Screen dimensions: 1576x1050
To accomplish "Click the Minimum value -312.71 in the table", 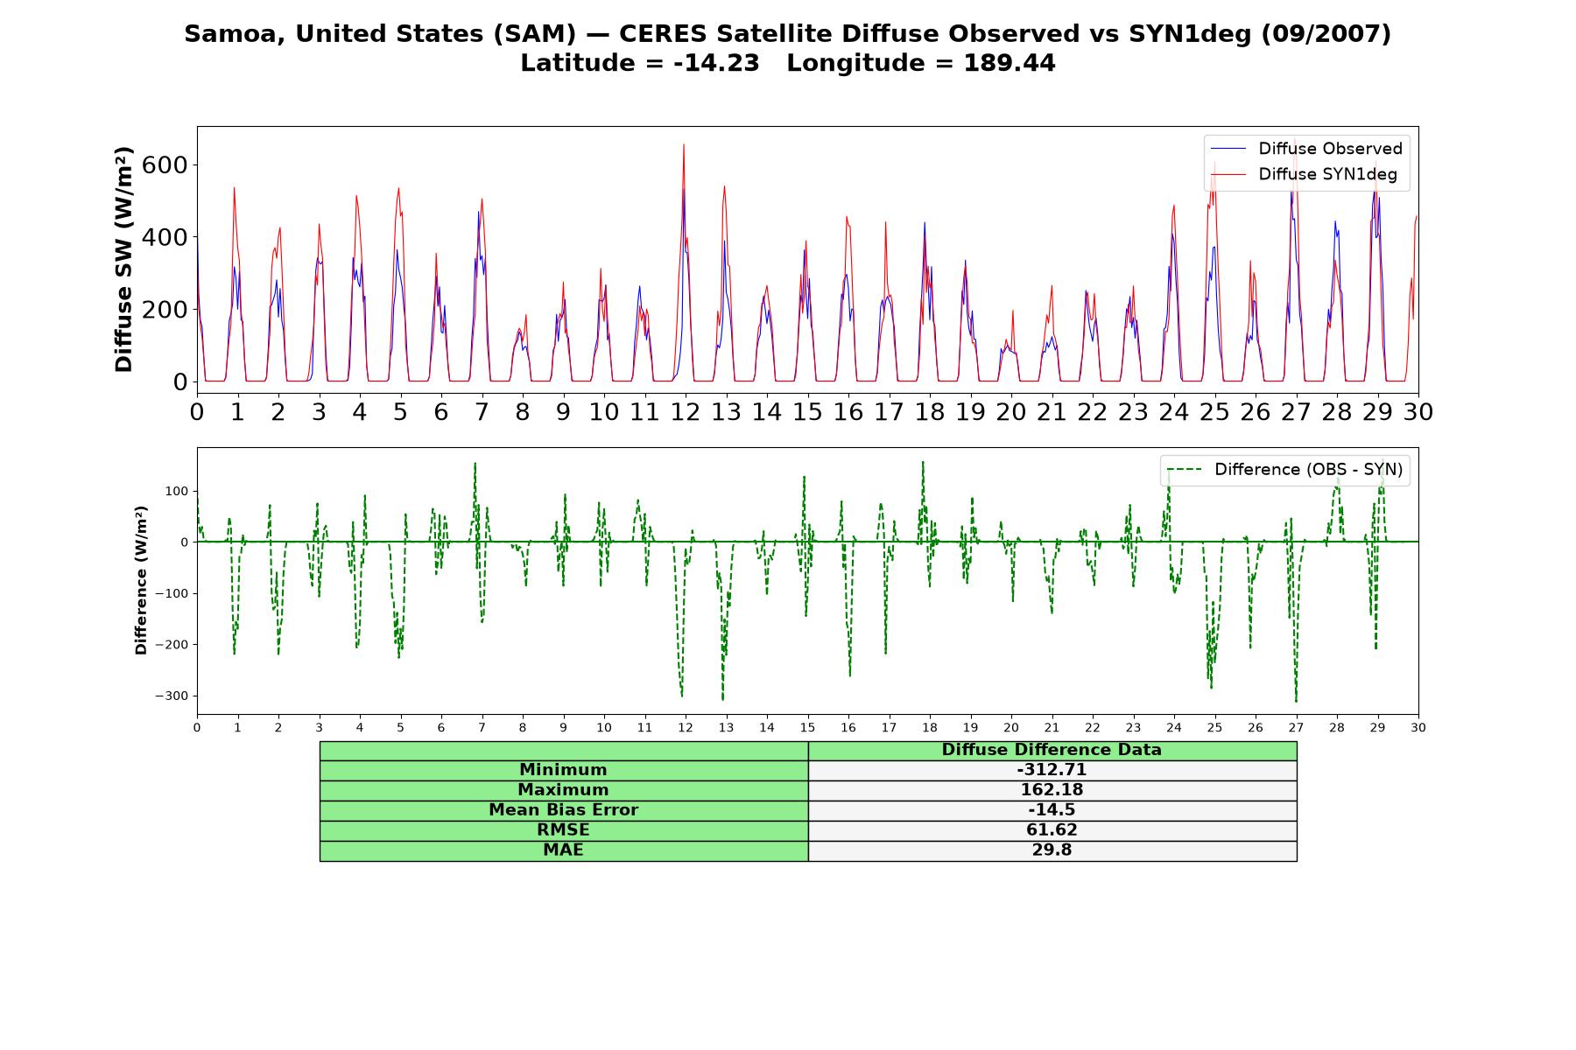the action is pos(1052,770).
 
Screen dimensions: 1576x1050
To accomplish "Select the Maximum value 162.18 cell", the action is pos(1052,790).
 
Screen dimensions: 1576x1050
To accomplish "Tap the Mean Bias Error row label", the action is pos(563,810).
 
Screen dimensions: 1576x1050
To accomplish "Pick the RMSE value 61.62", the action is pos(1052,830).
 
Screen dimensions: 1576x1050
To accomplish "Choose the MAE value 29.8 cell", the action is pos(1052,850).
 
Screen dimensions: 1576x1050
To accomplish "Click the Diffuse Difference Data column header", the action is pos(1052,750).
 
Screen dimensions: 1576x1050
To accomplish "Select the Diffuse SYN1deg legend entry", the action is pos(1305,174).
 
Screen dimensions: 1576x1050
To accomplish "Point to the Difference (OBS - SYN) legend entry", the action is pos(1285,470).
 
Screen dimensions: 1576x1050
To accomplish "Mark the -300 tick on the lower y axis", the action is pos(172,696).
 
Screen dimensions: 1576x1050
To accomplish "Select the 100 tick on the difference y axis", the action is pos(177,491).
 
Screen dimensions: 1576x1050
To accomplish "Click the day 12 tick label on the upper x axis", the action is pos(686,412).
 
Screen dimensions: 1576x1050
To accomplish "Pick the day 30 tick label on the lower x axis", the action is pos(1418,728).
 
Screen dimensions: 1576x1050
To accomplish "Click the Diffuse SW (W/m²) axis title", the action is pos(124,260).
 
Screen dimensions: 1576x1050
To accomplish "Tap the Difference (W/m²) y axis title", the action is pos(141,580).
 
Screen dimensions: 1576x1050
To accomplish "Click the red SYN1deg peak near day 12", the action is pos(684,145).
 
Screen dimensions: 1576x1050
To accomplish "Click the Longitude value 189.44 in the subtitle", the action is pos(1010,63).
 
